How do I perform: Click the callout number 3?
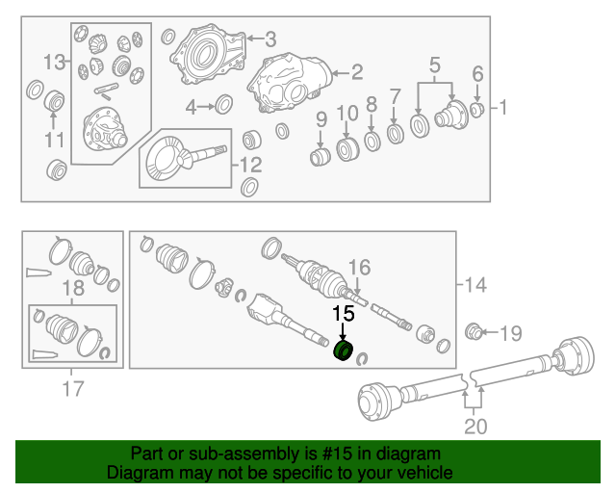coord(270,39)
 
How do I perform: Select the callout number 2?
coord(356,71)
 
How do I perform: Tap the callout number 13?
coord(56,63)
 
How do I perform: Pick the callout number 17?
coord(72,389)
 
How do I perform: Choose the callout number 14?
coord(475,285)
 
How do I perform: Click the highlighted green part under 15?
coord(342,351)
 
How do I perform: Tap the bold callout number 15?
coord(343,313)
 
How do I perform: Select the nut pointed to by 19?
coord(474,333)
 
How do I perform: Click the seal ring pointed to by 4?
coord(223,104)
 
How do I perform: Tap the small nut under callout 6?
coord(476,109)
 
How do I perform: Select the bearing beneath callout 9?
coord(321,156)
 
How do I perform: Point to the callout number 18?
coord(73,290)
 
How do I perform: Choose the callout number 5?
coord(434,66)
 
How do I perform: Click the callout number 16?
coord(358,267)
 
